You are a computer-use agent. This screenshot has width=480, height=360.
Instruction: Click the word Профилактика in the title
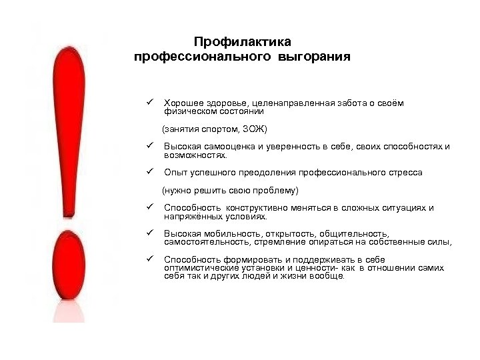click(242, 42)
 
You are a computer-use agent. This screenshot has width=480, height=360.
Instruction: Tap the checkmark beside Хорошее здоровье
click(151, 103)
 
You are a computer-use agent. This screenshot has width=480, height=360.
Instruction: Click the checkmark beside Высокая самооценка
click(151, 145)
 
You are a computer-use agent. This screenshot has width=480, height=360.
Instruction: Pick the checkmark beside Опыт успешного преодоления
click(151, 171)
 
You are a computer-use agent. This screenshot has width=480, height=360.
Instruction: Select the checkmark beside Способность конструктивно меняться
click(151, 207)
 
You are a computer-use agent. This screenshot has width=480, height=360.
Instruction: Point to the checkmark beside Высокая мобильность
click(151, 233)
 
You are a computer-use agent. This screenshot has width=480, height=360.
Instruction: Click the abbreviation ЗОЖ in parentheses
click(253, 128)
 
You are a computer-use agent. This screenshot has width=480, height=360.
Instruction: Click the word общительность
click(354, 234)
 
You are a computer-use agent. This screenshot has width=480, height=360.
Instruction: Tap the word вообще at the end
click(327, 275)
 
